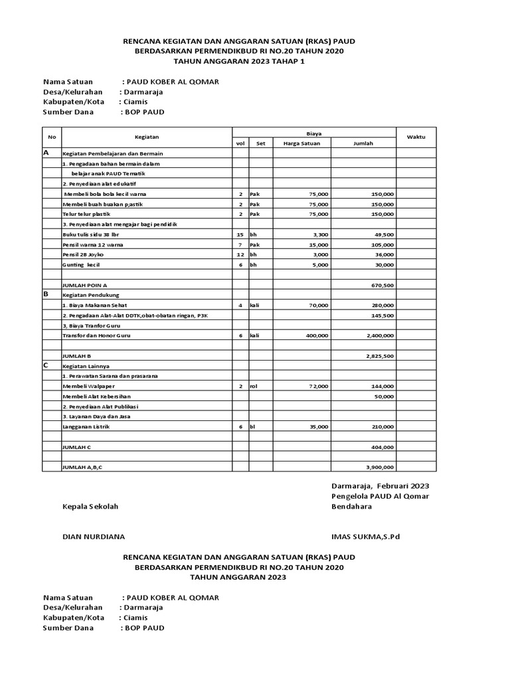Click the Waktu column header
[x=416, y=137]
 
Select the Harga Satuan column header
[x=301, y=143]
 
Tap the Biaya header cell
[x=313, y=133]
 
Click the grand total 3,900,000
[x=379, y=467]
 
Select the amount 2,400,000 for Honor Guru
[x=378, y=336]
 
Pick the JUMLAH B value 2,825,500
[x=379, y=356]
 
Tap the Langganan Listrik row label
[x=86, y=427]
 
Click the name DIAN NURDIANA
[x=93, y=537]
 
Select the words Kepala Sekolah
[x=90, y=507]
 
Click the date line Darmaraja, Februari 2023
[x=380, y=486]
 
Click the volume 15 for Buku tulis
[x=240, y=234]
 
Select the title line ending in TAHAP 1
[x=239, y=61]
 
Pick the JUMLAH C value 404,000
[x=382, y=448]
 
